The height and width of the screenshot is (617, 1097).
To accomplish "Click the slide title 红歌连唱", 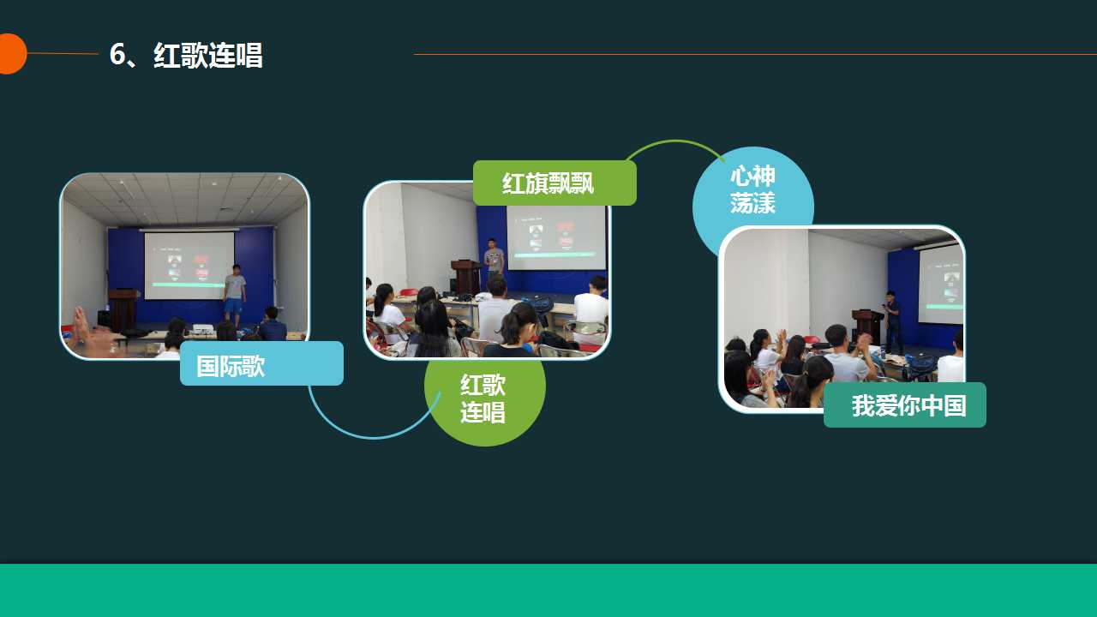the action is [208, 54].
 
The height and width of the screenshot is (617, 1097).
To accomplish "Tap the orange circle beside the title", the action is [11, 54].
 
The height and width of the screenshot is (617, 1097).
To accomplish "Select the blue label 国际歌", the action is [261, 363].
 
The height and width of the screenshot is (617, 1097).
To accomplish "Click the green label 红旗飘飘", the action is [554, 183].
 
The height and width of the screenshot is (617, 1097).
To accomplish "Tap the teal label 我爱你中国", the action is [904, 405].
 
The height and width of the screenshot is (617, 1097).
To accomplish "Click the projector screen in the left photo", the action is [189, 265].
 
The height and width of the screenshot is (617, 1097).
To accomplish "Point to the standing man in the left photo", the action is [235, 296].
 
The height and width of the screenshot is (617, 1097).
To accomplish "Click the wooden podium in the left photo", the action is [123, 309].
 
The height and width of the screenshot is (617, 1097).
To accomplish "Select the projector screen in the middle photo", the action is [556, 237].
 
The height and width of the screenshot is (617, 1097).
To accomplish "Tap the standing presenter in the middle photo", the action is [494, 258].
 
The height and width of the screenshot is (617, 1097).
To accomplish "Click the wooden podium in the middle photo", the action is [467, 277].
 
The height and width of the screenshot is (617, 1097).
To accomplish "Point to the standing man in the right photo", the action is [893, 321].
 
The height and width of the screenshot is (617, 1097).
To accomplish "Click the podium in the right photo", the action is [868, 325].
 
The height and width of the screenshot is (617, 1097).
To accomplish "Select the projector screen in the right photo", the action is [940, 284].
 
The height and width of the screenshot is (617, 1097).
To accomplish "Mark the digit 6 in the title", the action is [117, 54].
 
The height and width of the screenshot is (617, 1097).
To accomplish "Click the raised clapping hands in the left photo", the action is [81, 321].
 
